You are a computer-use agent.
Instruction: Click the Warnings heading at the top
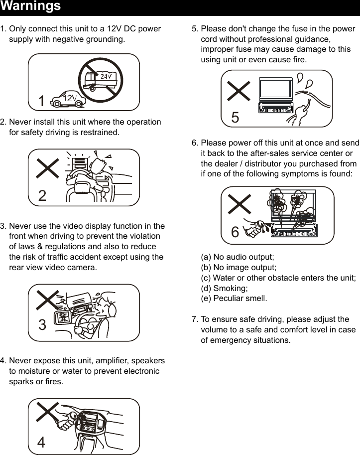click(x=31, y=6)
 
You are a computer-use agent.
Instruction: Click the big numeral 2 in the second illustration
click(x=42, y=196)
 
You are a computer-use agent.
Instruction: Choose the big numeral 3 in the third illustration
click(x=42, y=325)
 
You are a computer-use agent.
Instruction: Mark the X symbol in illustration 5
click(x=239, y=92)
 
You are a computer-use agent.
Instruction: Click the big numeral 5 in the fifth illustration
click(x=235, y=118)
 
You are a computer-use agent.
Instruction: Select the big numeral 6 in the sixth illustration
click(x=235, y=232)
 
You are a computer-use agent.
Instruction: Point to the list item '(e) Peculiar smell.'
click(x=234, y=299)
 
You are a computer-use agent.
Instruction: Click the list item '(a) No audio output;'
click(x=237, y=257)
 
